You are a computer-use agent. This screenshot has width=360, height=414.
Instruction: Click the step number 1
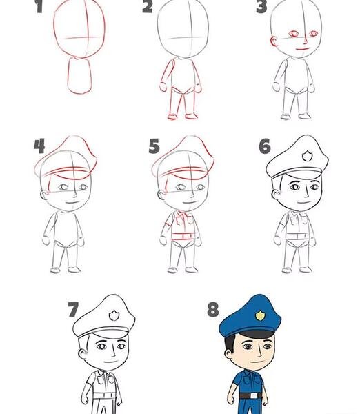[39, 6]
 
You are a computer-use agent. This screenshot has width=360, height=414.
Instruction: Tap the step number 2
[148, 6]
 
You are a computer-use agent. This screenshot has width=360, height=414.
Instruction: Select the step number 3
[261, 6]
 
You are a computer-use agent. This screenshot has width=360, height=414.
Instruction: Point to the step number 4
[39, 146]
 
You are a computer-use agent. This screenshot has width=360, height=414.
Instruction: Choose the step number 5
[154, 146]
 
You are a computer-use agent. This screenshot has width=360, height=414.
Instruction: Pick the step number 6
[265, 146]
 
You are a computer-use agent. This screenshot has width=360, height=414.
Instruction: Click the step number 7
[73, 310]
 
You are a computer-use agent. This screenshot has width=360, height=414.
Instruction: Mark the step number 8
[213, 310]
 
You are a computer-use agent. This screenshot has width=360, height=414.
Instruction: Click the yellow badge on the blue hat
[260, 315]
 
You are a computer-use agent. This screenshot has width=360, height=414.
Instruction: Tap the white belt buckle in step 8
[253, 396]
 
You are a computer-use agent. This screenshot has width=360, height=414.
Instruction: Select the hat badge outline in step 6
[307, 156]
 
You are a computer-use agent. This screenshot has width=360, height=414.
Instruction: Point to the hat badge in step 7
[114, 315]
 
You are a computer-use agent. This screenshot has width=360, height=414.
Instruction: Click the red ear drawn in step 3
[274, 41]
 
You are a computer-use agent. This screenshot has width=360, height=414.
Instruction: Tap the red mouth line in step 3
[303, 49]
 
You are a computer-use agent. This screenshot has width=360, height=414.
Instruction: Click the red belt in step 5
[184, 236]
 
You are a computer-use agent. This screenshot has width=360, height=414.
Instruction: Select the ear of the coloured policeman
[228, 355]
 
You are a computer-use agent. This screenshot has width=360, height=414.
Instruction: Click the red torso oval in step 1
[79, 76]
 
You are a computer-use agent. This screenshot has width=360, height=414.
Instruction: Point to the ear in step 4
[44, 195]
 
